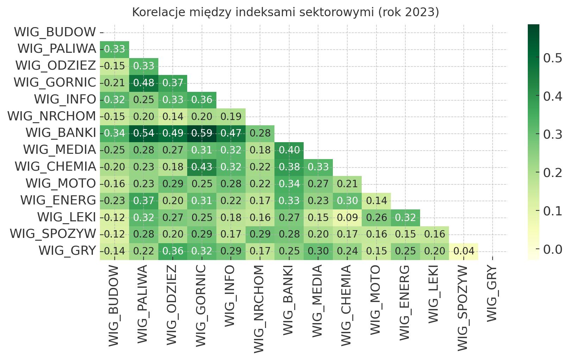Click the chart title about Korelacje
click(x=285, y=12)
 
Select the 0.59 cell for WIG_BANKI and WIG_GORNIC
click(x=202, y=133)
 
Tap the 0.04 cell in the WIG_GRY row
click(x=464, y=251)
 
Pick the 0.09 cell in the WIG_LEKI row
click(x=347, y=217)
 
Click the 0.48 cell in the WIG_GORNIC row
click(x=144, y=83)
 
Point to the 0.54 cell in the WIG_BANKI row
click(x=144, y=133)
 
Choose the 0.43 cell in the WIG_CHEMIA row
click(x=202, y=167)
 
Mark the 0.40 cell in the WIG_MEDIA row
click(x=289, y=150)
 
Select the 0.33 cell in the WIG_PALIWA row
click(x=114, y=49)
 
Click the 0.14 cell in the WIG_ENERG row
click(x=376, y=201)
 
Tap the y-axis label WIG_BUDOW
click(x=55, y=32)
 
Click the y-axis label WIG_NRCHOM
click(x=52, y=116)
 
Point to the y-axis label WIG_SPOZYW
click(x=53, y=234)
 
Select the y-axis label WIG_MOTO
click(x=61, y=184)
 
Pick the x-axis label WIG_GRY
click(x=493, y=294)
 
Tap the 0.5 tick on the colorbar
click(x=552, y=58)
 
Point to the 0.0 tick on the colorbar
click(x=552, y=250)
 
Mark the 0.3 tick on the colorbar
click(x=552, y=134)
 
